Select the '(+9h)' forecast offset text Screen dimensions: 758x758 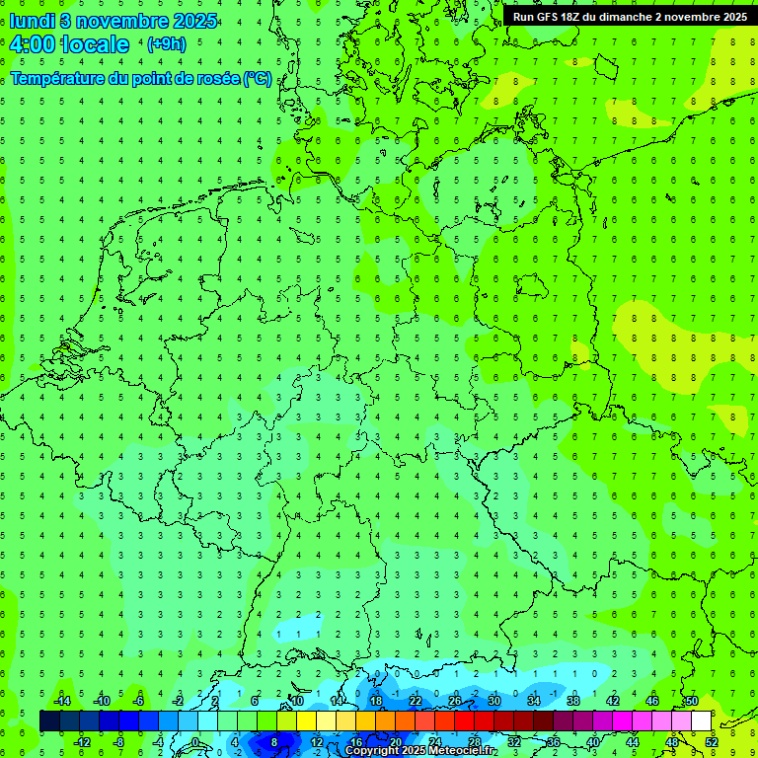pos(165,44)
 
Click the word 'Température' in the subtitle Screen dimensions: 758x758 pos(58,78)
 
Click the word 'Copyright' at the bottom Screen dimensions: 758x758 pos(372,751)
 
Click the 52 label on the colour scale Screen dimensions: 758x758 pos(712,742)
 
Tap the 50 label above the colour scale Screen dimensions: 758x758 pos(691,701)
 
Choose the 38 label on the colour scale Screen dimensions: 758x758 pos(572,701)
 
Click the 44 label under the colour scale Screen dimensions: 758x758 pos(633,742)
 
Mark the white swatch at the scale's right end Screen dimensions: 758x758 pos(701,721)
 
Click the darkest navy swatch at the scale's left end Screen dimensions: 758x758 pos(49,721)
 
